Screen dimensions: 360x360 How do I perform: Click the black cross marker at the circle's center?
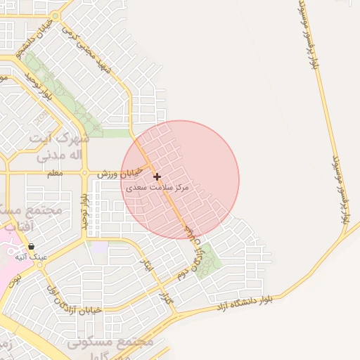click(x=157, y=176)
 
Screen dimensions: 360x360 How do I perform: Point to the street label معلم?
click(x=55, y=172)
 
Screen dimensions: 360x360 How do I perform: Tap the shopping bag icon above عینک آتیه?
click(x=32, y=247)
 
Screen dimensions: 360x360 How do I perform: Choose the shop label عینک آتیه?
click(x=34, y=257)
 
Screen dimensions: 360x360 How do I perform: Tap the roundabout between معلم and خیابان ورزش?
click(x=84, y=172)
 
